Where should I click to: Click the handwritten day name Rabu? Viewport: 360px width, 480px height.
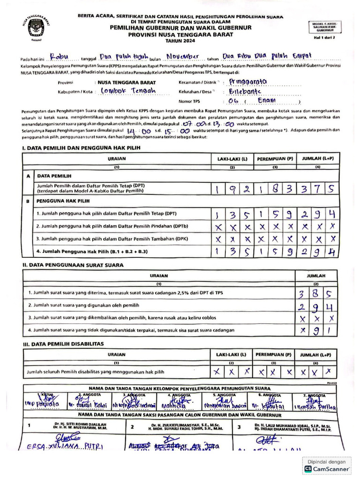59,57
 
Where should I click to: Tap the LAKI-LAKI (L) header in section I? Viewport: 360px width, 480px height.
232,159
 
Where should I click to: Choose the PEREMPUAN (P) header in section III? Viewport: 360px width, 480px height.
274,354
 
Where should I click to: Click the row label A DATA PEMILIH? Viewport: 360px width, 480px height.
54,176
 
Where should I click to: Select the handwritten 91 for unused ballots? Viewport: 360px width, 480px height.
323,330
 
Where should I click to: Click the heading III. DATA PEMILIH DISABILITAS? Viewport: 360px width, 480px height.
63,344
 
